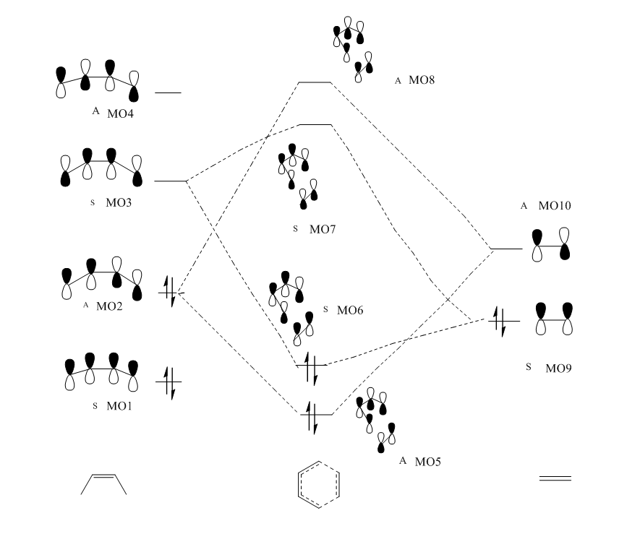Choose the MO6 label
click(x=350, y=310)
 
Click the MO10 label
click(x=555, y=206)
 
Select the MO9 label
click(x=558, y=368)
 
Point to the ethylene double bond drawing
click(x=555, y=478)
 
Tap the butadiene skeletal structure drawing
click(x=103, y=484)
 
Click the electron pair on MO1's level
click(x=169, y=382)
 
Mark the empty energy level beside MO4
click(x=168, y=93)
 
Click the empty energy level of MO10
click(x=506, y=249)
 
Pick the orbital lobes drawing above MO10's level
click(x=553, y=246)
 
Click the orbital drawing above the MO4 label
click(x=98, y=81)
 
